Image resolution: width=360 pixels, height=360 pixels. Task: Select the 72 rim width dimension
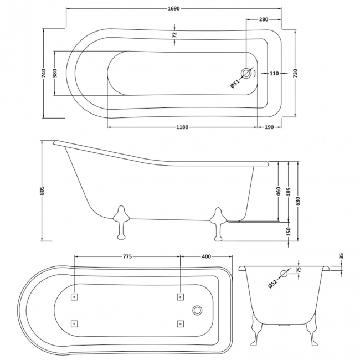[x=175, y=34]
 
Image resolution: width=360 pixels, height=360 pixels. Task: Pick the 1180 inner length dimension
[x=183, y=127]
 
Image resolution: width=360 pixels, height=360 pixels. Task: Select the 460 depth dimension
[x=279, y=192]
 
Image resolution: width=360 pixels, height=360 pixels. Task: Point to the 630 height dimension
[x=299, y=202]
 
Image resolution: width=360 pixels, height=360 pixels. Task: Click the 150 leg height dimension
[x=289, y=230]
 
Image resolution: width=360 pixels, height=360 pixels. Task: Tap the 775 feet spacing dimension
[x=127, y=256]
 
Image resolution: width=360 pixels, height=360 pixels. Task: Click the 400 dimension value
[x=207, y=256]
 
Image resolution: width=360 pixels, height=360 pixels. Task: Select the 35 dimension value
[x=341, y=256]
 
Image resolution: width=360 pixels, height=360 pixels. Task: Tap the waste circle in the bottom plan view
[x=197, y=310]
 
